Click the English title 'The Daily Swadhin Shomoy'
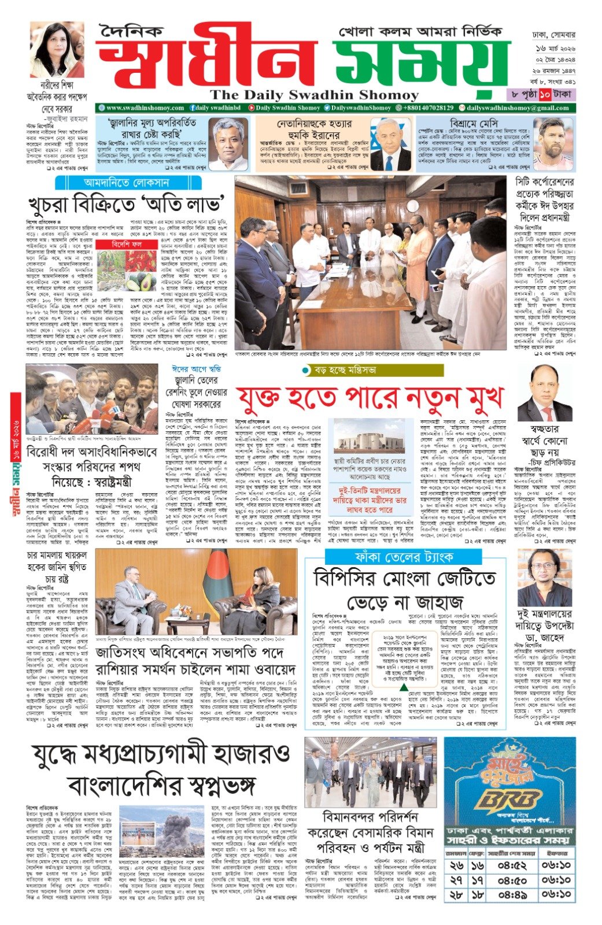tap(314, 95)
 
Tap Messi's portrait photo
tap(553, 143)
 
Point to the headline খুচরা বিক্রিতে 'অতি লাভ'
tap(127, 205)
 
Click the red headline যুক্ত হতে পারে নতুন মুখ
tap(370, 397)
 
